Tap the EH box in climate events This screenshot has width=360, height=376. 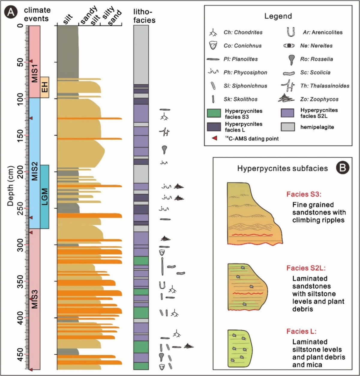pyautogui.click(x=45, y=87)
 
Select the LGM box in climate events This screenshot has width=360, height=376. pyautogui.click(x=45, y=196)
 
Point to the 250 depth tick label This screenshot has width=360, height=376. pyautogui.click(x=20, y=208)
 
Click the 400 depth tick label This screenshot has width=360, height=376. pyautogui.click(x=20, y=318)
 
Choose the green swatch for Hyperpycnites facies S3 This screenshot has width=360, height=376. pyautogui.click(x=214, y=113)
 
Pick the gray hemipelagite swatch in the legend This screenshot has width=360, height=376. pyautogui.click(x=288, y=127)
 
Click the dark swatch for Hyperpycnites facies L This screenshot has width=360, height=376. pyautogui.click(x=214, y=127)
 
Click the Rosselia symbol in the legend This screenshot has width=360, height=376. pyautogui.click(x=290, y=59)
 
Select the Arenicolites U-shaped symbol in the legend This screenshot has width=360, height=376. pyautogui.click(x=290, y=32)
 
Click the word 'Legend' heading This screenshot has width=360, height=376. pyautogui.click(x=278, y=16)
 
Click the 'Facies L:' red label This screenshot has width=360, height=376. pyautogui.click(x=301, y=331)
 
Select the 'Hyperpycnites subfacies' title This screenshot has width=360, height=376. pyautogui.click(x=282, y=168)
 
